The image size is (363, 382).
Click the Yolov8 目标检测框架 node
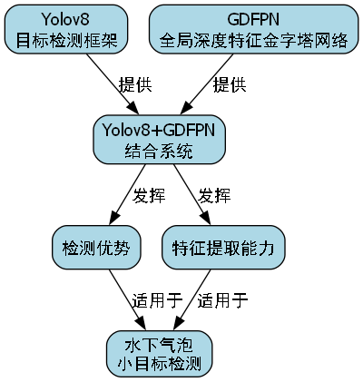(65, 30)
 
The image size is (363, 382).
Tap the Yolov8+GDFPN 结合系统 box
(160, 139)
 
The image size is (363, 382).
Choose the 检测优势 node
(95, 247)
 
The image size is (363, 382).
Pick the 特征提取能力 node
(223, 247)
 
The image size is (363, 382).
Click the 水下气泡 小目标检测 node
(160, 354)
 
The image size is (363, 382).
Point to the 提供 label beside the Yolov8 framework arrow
(134, 84)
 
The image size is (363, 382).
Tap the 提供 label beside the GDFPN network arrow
(229, 84)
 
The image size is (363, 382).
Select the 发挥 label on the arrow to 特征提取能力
(214, 193)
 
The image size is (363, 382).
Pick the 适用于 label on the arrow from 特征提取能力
(222, 300)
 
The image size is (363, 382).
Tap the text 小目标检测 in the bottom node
(160, 364)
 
